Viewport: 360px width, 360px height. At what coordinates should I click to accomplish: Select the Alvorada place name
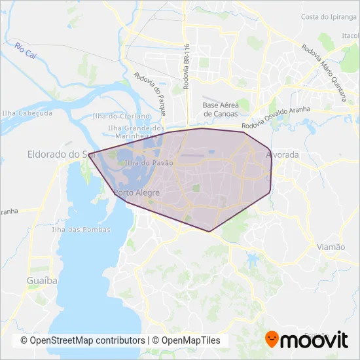(x=283, y=155)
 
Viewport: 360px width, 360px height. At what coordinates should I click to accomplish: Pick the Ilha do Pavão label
(x=149, y=162)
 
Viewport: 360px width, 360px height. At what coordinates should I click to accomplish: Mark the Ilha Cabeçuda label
(x=27, y=113)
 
